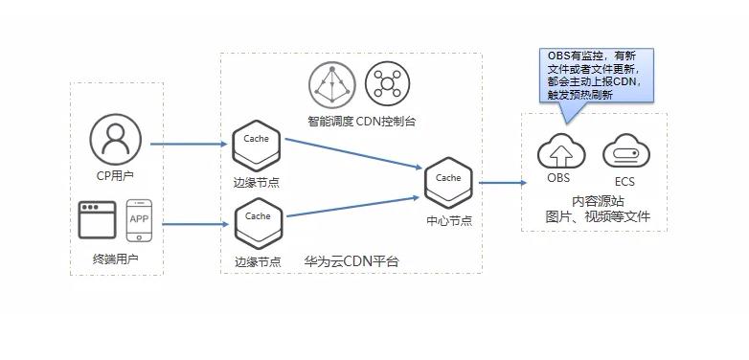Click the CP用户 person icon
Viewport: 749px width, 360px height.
pos(115,138)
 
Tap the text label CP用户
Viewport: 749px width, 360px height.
pos(115,175)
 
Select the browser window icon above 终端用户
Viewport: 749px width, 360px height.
pos(98,219)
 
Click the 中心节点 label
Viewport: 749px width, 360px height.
pos(448,220)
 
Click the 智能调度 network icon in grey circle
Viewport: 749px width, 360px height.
pos(331,85)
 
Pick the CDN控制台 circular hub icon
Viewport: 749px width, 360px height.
pos(387,85)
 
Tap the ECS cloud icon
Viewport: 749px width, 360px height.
pos(625,152)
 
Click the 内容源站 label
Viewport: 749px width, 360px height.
pos(598,201)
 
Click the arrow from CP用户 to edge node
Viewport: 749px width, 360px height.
pos(188,145)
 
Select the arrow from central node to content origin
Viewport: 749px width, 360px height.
pos(502,182)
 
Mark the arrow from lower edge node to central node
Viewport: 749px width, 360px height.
pos(352,207)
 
